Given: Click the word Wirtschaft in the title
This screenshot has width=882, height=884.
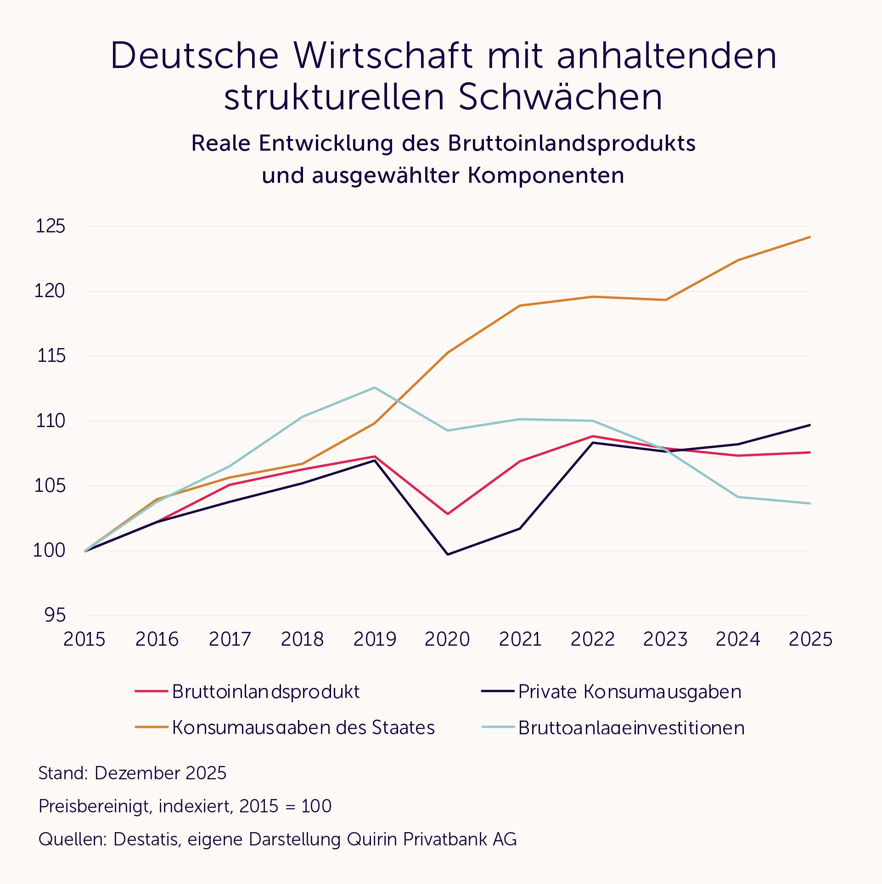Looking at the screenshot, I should [x=383, y=56].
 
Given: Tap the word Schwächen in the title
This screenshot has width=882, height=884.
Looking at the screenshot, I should [x=560, y=97].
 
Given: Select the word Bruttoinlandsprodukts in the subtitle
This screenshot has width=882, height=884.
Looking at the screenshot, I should [x=572, y=143].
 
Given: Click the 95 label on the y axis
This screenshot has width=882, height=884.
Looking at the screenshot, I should [x=55, y=615].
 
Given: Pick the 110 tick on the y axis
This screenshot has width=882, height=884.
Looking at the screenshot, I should [x=51, y=421].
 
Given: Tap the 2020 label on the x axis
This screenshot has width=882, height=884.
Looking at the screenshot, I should [x=447, y=639].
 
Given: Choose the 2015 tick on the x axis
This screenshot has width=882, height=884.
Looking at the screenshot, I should [x=84, y=639].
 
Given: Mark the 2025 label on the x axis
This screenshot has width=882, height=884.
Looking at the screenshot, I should [x=810, y=639].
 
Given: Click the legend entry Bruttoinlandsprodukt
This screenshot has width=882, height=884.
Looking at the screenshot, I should [x=265, y=692].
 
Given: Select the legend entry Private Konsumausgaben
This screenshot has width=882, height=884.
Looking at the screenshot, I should [x=629, y=692].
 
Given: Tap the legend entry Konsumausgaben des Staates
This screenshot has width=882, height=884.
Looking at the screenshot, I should [x=303, y=727].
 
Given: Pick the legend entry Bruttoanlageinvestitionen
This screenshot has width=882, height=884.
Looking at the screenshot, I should [x=631, y=728].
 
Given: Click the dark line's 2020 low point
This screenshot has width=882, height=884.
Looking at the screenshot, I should [x=448, y=554].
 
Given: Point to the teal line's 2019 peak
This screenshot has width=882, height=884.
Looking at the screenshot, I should [x=375, y=388].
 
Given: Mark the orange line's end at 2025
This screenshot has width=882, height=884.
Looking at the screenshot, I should [x=810, y=237].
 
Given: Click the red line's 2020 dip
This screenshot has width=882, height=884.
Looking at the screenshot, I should [x=448, y=513].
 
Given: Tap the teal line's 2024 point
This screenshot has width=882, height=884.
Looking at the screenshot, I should [x=738, y=497].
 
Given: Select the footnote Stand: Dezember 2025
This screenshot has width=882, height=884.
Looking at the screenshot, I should [x=132, y=773].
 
